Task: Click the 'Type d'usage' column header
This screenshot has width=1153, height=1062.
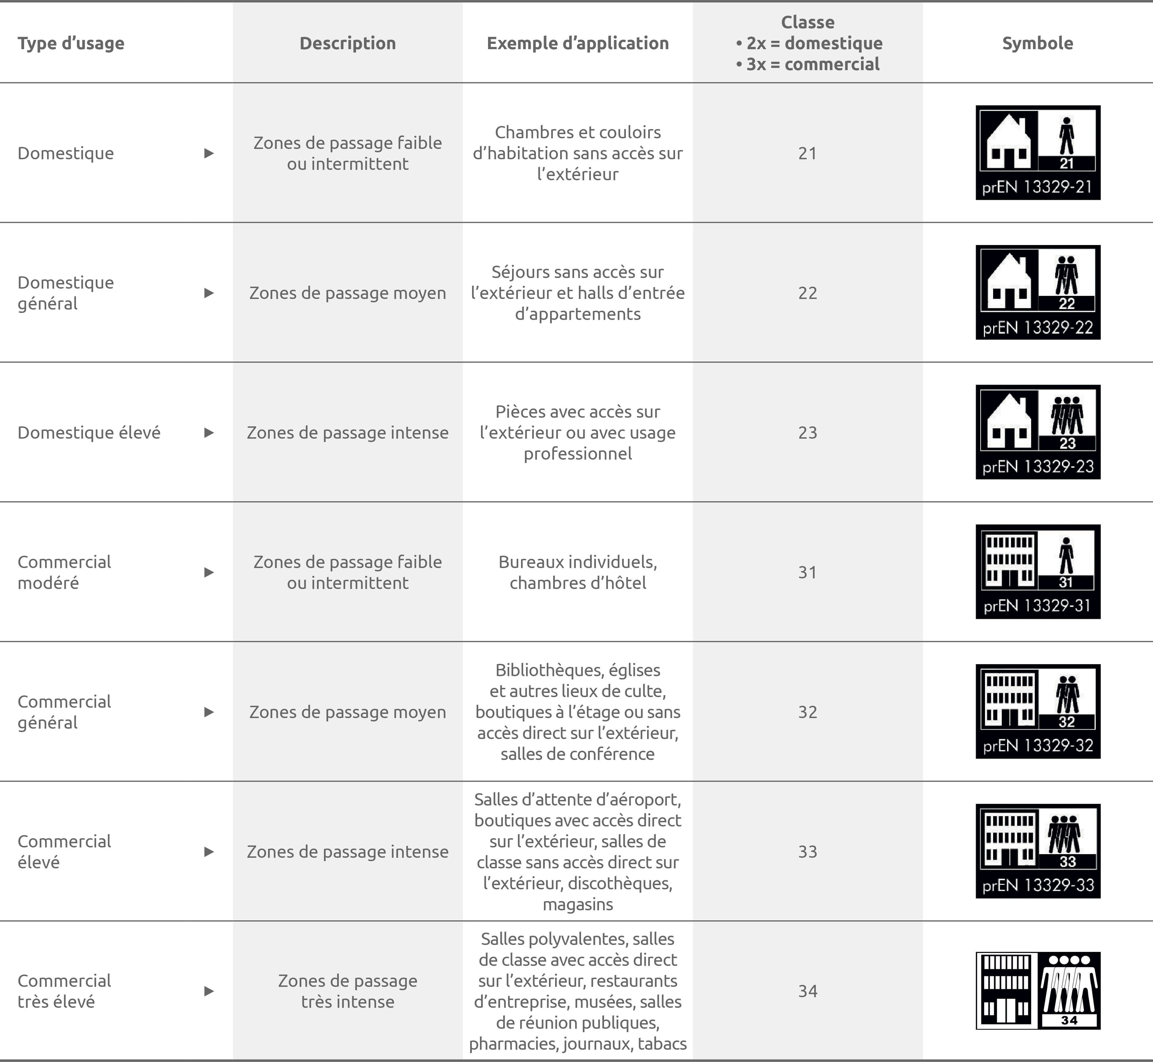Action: point(71,43)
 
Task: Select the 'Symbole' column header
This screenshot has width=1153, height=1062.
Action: point(1038,43)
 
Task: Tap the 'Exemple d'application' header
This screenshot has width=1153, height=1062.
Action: point(578,43)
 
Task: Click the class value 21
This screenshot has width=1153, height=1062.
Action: point(808,153)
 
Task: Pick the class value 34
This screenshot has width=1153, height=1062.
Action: point(808,991)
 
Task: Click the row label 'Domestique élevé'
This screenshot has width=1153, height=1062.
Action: point(89,432)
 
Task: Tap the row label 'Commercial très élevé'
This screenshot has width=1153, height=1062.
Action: point(64,991)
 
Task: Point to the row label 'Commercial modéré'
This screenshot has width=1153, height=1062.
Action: point(64,572)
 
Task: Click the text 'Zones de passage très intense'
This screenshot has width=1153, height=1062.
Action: point(348,991)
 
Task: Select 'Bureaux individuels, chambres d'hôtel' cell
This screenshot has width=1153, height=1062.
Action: point(578,572)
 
